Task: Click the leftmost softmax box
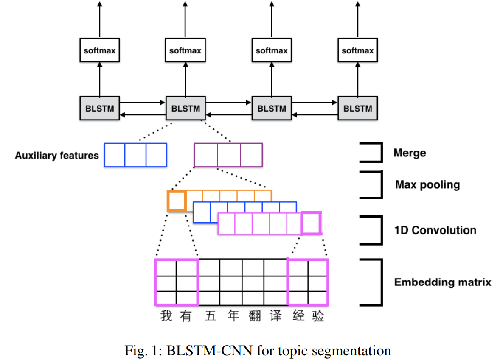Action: (100, 50)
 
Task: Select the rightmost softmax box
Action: (357, 50)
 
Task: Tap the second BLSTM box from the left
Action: (185, 108)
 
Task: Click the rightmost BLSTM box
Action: (357, 108)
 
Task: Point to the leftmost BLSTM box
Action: (100, 108)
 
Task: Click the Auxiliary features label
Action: (56, 156)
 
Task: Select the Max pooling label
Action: (427, 185)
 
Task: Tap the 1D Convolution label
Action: (435, 230)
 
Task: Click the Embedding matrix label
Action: (443, 282)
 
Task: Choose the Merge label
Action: (409, 153)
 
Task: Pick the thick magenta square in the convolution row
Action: (311, 223)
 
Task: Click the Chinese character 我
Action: (166, 316)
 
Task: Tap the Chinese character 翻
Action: (255, 316)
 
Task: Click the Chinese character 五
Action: (210, 316)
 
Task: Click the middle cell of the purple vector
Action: (228, 155)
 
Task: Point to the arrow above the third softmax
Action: (272, 19)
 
